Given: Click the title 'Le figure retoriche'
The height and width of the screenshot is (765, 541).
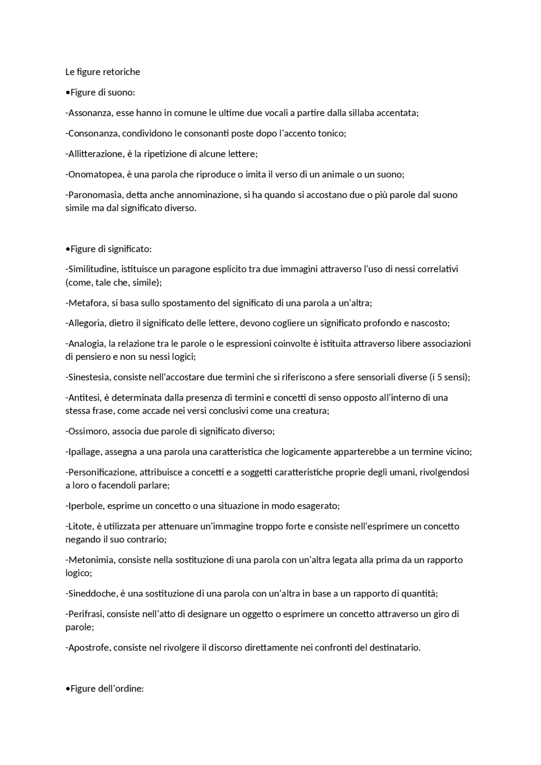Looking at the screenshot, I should [103, 72].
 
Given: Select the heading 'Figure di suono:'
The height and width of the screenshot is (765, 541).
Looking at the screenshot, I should [103, 93].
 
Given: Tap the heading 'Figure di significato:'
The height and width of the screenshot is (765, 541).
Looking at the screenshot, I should [111, 249].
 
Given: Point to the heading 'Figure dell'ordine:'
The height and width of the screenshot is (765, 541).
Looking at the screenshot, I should [107, 689].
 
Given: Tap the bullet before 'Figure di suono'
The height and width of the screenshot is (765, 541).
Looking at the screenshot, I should [68, 93].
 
